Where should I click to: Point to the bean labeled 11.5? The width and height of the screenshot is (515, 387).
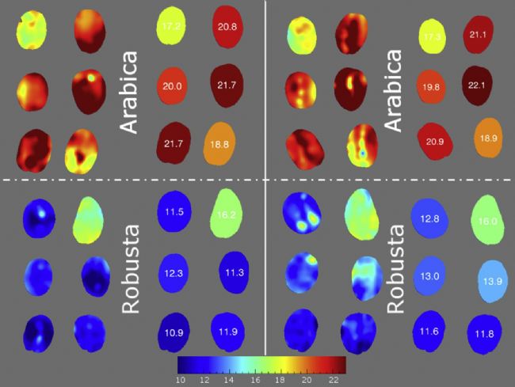pyautogui.click(x=173, y=212)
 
